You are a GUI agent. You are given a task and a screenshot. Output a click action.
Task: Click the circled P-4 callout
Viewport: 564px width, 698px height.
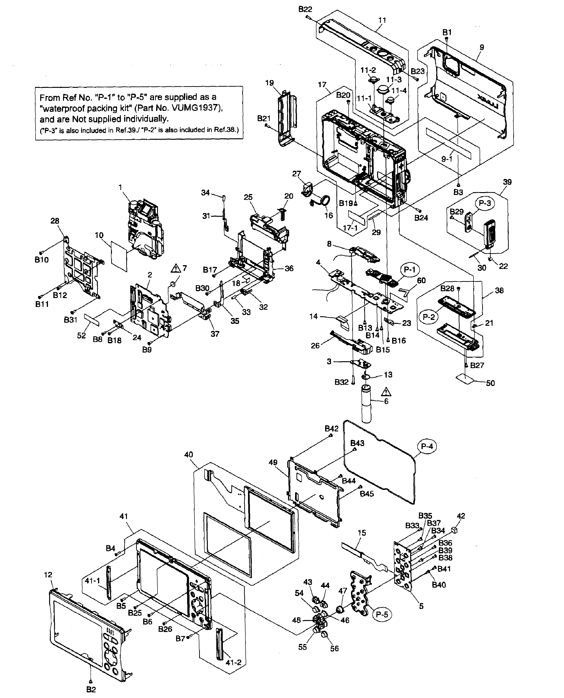[427, 446]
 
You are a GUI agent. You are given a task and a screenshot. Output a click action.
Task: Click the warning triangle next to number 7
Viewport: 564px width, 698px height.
[176, 268]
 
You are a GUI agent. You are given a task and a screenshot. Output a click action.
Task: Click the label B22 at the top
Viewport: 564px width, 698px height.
[305, 9]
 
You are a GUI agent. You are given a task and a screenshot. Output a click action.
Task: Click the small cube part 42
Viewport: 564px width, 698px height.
[454, 530]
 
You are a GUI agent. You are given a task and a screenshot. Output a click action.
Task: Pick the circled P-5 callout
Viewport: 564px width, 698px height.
[382, 614]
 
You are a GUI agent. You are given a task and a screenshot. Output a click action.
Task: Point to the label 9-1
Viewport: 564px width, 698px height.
[447, 159]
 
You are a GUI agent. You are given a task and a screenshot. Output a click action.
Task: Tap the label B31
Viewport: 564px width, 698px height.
[71, 320]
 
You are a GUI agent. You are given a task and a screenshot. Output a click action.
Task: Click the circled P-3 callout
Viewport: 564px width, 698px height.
[485, 203]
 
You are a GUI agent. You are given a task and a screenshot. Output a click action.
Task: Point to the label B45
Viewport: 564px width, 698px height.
[367, 494]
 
